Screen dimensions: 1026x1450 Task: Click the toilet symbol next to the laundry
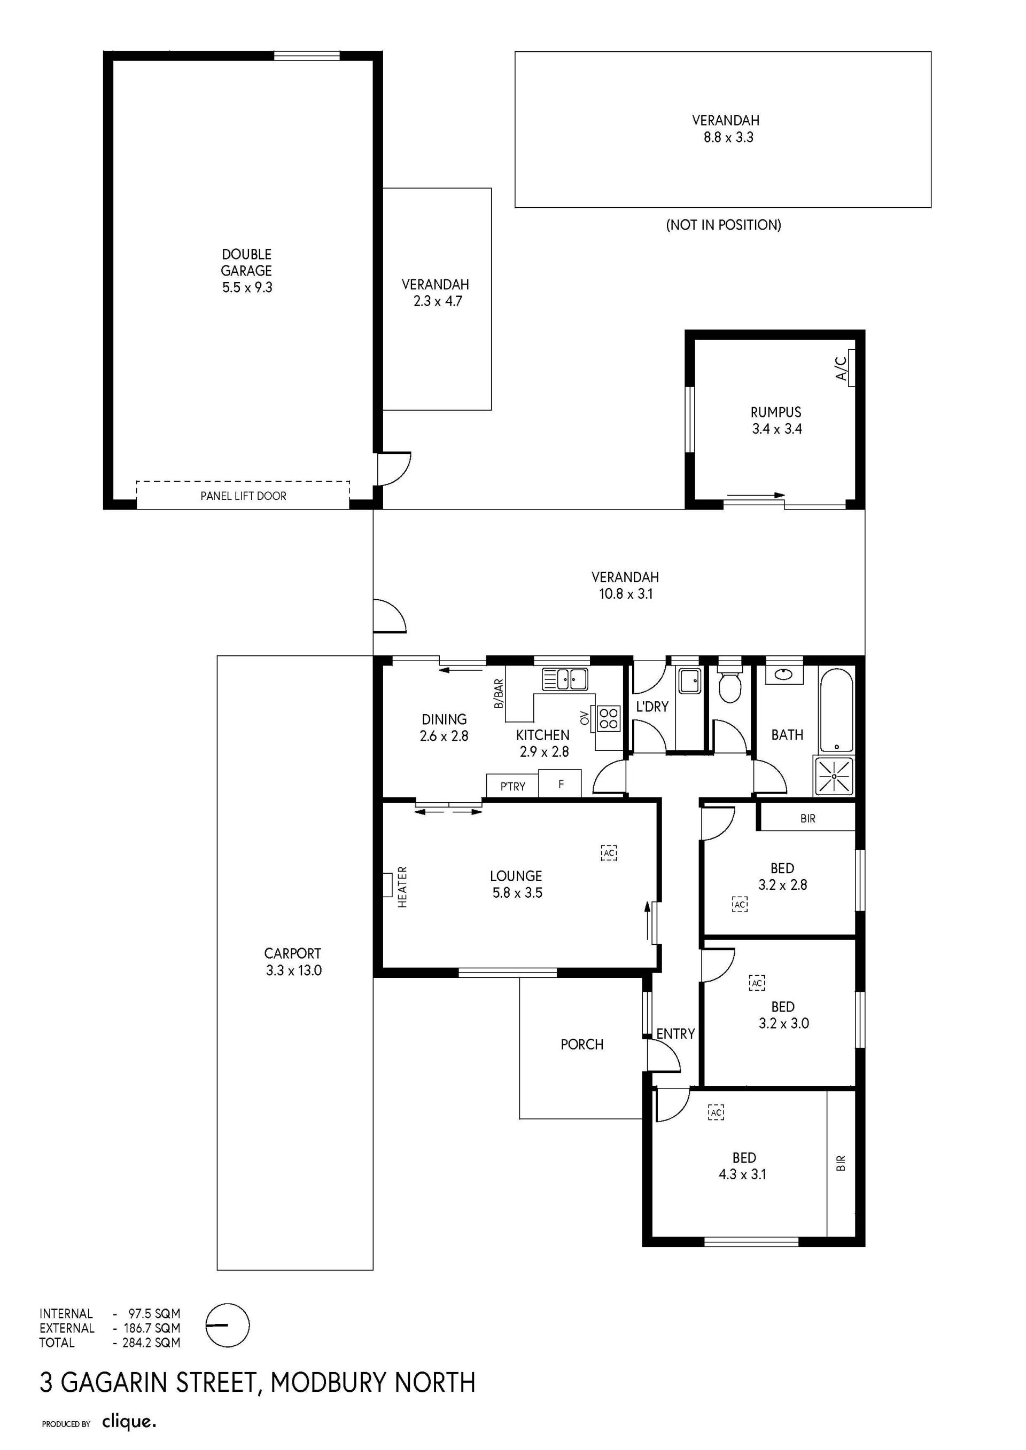click(730, 683)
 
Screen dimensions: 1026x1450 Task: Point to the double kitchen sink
click(565, 679)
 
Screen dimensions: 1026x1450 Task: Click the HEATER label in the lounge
click(402, 887)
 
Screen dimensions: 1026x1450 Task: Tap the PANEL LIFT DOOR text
click(243, 496)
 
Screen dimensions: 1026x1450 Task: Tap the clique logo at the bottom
click(129, 1418)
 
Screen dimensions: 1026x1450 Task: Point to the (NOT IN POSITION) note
click(724, 225)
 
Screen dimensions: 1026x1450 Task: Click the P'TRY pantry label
click(512, 786)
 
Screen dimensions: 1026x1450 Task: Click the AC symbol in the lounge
click(609, 853)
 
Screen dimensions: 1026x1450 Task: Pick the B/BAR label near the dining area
click(499, 693)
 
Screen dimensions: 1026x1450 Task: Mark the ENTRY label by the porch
click(675, 1034)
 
